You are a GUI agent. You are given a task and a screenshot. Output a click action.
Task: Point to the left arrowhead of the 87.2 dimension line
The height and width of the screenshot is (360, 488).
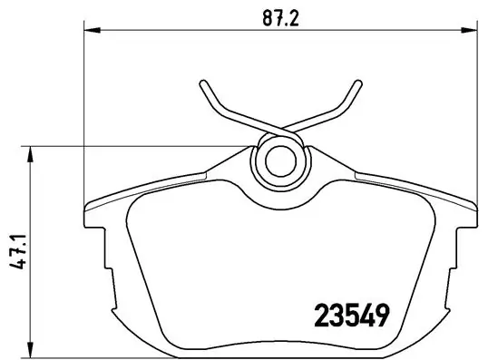90,33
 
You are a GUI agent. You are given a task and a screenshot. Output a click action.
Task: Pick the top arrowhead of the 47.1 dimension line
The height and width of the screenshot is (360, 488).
32,153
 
